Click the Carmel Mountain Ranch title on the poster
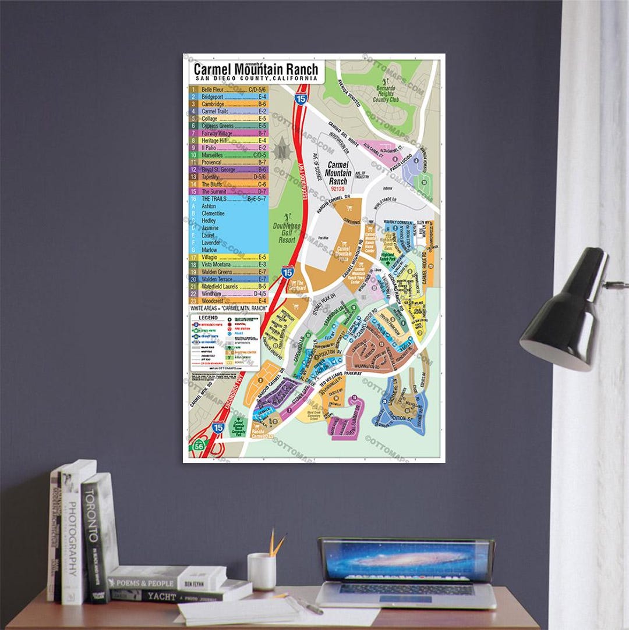(256, 68)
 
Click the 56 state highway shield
(199, 446)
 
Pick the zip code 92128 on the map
(338, 188)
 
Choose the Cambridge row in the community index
(228, 104)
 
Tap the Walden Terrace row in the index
(228, 279)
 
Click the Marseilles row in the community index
(228, 155)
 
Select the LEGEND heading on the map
(208, 318)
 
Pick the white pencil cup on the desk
(262, 571)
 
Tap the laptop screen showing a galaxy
(405, 561)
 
